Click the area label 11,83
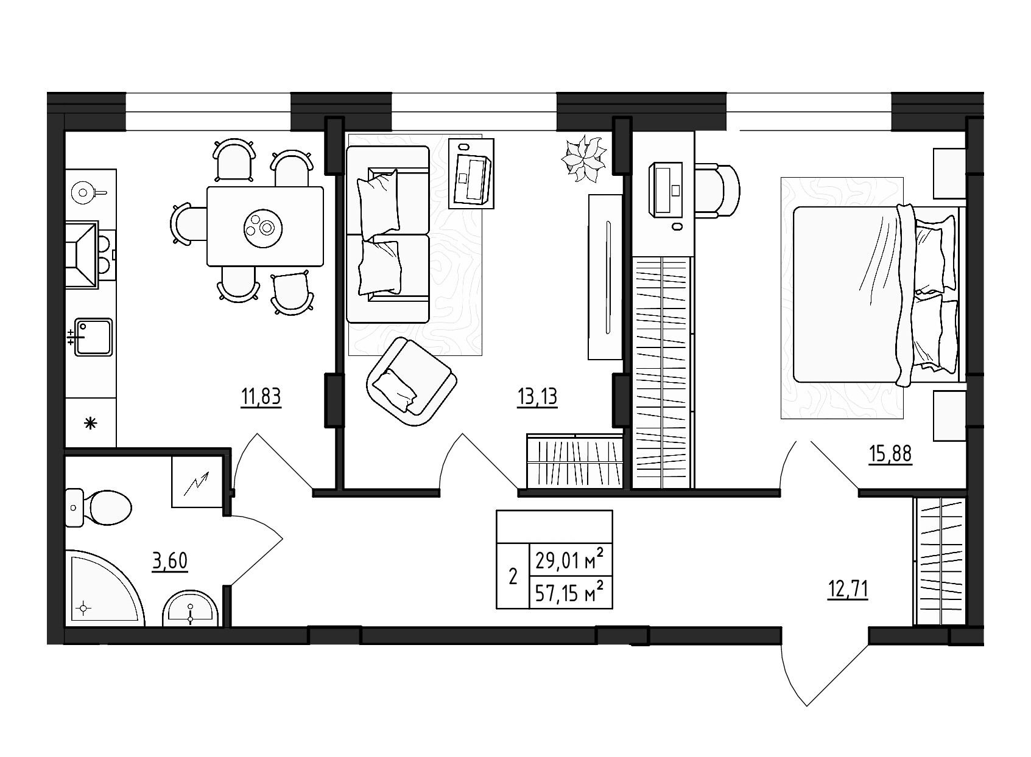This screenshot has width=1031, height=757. (x=261, y=397)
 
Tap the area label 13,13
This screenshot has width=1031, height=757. (x=537, y=397)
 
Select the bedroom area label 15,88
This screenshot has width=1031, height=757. (x=891, y=455)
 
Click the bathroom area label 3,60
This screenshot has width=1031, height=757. (x=170, y=560)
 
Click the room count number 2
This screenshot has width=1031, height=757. (x=513, y=576)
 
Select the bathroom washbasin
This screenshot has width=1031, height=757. (x=191, y=609)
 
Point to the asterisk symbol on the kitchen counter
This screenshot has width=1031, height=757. (x=90, y=424)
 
